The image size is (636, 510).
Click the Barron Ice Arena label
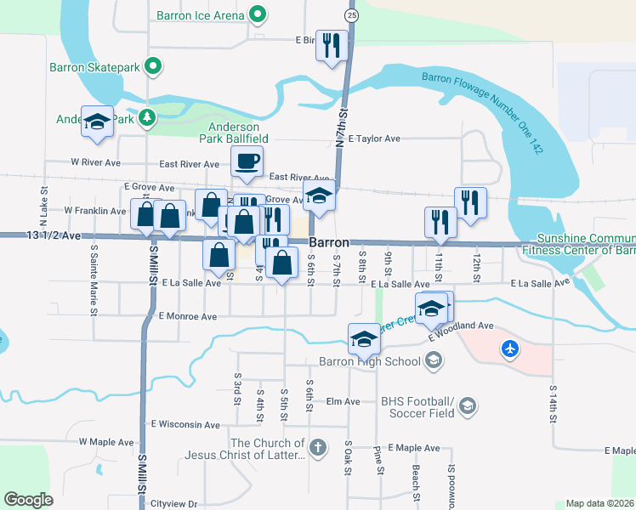(x=201, y=15)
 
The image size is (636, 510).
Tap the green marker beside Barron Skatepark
(x=153, y=65)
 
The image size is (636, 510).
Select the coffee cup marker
(x=247, y=161)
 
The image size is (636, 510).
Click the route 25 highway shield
(x=351, y=16)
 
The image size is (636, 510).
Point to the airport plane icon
(x=509, y=348)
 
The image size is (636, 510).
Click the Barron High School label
(x=369, y=362)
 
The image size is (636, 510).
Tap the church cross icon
(x=317, y=447)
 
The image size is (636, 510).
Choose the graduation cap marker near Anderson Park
(x=97, y=122)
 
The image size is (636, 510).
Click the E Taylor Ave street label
(x=373, y=139)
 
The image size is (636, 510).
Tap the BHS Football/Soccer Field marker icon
(x=467, y=408)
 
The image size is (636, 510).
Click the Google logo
(x=29, y=499)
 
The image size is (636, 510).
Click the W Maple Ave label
(x=106, y=442)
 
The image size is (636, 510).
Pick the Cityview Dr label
(x=174, y=503)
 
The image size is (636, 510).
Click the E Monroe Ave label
(x=188, y=316)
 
